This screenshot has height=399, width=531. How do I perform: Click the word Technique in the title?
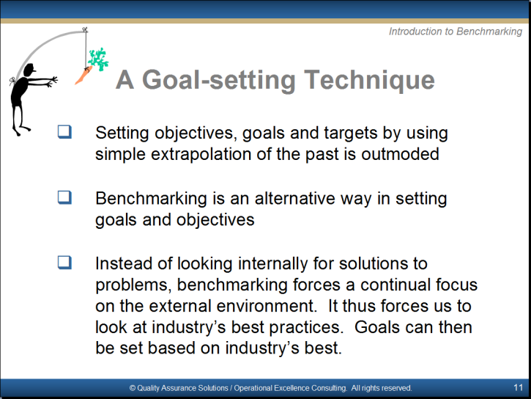point(369,80)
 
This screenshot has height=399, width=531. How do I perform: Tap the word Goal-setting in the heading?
point(219,81)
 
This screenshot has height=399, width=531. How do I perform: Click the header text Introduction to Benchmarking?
point(456,32)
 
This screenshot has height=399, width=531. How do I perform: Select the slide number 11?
point(518,387)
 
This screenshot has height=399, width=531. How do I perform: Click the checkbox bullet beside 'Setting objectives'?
point(64,132)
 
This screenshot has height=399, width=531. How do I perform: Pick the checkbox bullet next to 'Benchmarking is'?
point(64,197)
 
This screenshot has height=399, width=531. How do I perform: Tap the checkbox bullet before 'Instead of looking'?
point(64,263)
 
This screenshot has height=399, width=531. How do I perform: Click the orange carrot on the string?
point(83,76)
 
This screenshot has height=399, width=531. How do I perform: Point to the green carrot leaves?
point(98,59)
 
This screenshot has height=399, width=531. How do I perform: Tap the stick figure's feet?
point(21,131)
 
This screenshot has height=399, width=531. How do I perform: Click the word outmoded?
point(401,154)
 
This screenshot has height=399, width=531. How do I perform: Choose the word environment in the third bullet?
point(266,306)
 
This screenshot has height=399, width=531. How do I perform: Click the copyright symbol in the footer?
point(133,388)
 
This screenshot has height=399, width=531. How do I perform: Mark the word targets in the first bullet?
point(351,133)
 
